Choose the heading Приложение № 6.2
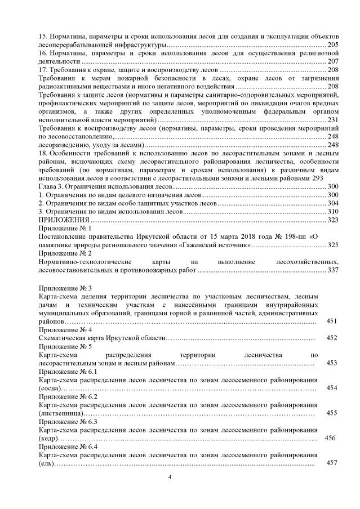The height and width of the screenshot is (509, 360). tap(68, 396)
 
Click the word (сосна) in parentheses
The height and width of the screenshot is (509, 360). tap(49, 389)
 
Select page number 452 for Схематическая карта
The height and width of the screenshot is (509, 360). tap(331, 338)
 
